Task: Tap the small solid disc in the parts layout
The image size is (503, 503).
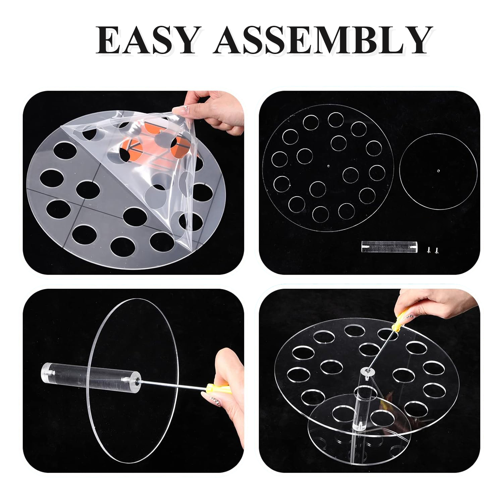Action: pyautogui.click(x=438, y=171)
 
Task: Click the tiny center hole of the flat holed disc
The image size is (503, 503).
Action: pyautogui.click(x=328, y=165)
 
